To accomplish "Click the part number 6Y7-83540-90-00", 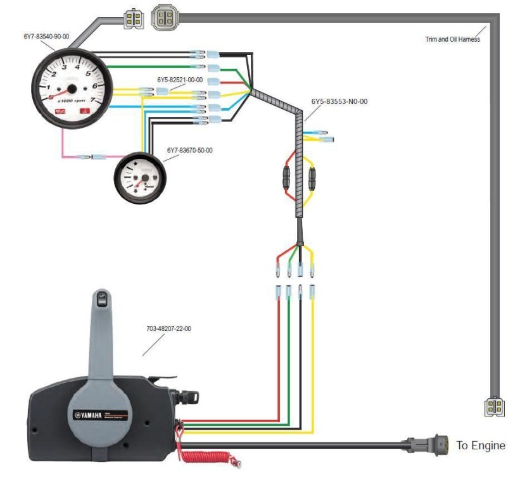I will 46,37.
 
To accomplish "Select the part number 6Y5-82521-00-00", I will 180,80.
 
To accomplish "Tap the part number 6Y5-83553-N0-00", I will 339,101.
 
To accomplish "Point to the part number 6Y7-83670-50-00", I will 189,151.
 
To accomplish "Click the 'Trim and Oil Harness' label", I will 452,39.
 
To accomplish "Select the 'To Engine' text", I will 481,446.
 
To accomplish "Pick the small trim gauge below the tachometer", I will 137,178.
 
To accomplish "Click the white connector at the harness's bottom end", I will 494,407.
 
